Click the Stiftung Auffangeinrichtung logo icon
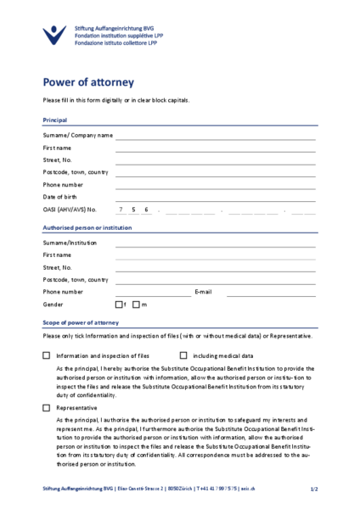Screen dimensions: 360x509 pyautogui.click(x=54, y=35)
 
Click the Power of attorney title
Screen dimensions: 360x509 pyautogui.click(x=88, y=82)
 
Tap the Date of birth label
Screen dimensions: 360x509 pyautogui.click(x=62, y=196)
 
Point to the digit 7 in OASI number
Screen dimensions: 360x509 pyautogui.click(x=121, y=209)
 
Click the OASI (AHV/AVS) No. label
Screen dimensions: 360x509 pyautogui.click(x=70, y=209)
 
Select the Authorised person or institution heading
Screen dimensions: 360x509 pyautogui.click(x=87, y=227)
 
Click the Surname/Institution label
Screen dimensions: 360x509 pyautogui.click(x=70, y=243)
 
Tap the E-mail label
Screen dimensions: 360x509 pyautogui.click(x=203, y=291)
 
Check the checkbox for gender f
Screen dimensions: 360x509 pyautogui.click(x=119, y=304)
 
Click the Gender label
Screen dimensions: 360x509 pyautogui.click(x=53, y=304)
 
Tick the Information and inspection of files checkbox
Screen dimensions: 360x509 pyautogui.click(x=47, y=355)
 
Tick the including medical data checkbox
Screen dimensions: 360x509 pyautogui.click(x=183, y=355)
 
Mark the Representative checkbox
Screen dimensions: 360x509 pyautogui.click(x=47, y=408)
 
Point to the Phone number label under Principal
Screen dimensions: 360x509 pyautogui.click(x=63, y=184)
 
